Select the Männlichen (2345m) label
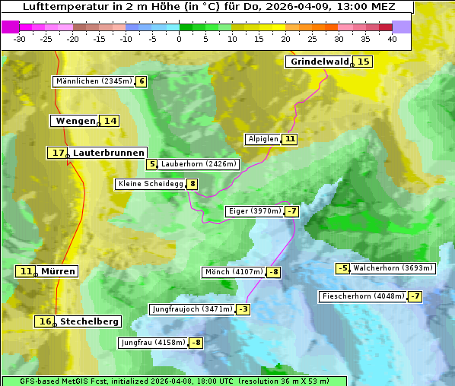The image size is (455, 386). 94,81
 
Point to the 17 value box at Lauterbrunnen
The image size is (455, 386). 58,153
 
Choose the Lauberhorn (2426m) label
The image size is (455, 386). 199,163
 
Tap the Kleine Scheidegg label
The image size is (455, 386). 151,184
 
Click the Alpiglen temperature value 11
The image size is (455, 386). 290,139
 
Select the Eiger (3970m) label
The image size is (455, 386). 254,211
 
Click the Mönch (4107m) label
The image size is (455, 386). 234,272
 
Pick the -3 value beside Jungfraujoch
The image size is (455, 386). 243,309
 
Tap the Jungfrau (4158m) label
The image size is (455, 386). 153,343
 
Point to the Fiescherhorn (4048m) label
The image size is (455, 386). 363,296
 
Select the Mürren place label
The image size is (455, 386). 58,271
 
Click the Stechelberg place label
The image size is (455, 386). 89,321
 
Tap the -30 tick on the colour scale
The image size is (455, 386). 20,39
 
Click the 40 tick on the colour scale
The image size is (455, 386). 391,39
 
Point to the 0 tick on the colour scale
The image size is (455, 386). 180,39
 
